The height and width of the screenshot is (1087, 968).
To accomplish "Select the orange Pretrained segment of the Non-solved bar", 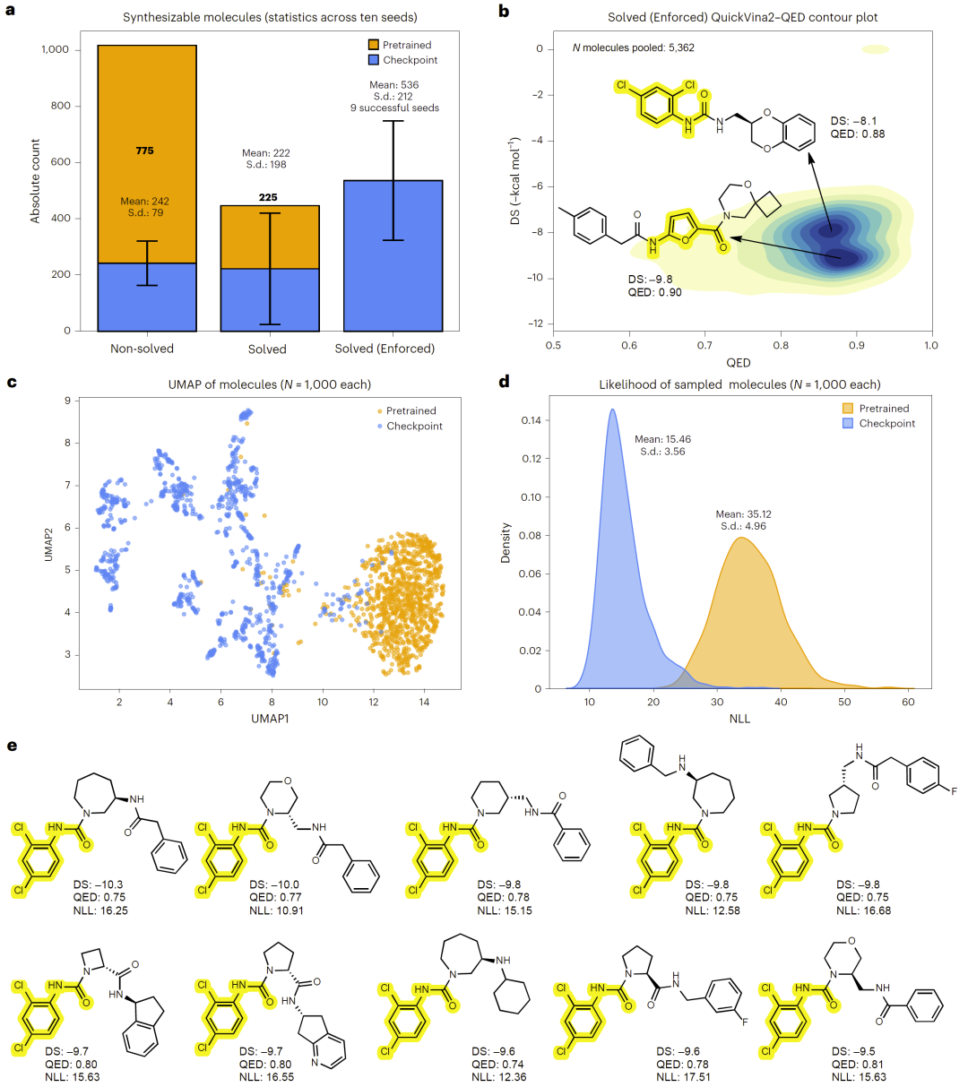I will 147,108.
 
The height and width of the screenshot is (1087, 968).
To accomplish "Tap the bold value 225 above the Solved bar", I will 267,197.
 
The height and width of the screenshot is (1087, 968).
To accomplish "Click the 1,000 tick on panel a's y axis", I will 56,50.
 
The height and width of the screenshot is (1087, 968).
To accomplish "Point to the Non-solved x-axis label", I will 142,349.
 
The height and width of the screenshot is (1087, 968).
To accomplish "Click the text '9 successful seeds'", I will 393,108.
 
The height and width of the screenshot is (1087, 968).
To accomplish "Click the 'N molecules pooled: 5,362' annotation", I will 633,47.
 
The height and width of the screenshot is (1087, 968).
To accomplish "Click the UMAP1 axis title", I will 270,719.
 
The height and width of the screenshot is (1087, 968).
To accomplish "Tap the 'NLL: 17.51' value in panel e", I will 683,1076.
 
